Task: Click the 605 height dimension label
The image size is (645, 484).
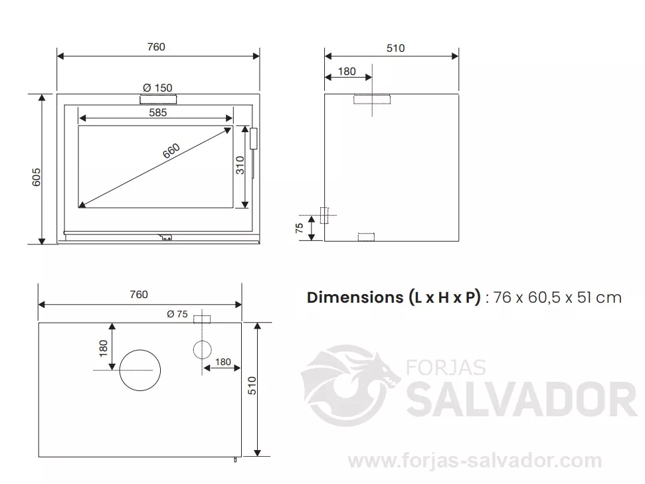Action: tap(36, 177)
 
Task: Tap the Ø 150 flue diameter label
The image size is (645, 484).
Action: tap(157, 88)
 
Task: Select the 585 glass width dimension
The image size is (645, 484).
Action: tap(158, 113)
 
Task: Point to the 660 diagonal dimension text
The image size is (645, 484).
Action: tap(171, 151)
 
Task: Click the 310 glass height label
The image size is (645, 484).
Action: tap(240, 165)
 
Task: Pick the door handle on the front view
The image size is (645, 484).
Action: tap(253, 139)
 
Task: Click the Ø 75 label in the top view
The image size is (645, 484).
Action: tap(177, 314)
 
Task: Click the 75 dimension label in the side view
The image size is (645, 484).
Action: tap(300, 228)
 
